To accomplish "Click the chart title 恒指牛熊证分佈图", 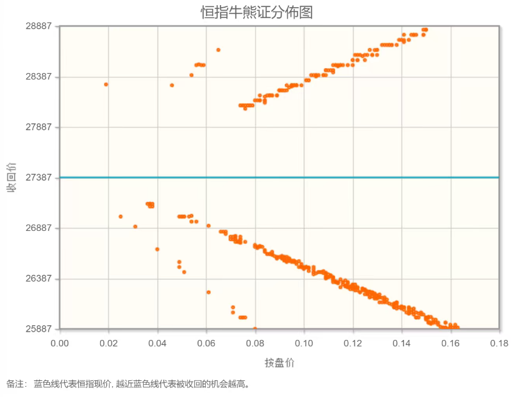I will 256,12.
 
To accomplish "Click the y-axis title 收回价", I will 12,177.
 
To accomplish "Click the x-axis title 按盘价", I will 279,362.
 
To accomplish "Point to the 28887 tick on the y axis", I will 38,27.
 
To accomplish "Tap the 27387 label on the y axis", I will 38,178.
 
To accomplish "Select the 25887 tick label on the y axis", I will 38,329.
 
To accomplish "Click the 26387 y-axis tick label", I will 38,279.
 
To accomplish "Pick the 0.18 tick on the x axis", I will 499,343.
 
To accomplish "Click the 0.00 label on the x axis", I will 60,343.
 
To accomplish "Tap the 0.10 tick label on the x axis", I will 304,343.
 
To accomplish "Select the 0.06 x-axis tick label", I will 206,343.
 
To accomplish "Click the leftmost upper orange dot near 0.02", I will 106,84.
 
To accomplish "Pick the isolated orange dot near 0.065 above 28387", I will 218,49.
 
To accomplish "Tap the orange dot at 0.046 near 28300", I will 172,85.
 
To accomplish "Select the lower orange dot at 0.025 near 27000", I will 121,216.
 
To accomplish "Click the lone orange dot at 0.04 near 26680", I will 157,249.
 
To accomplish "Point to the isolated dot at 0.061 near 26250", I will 208,292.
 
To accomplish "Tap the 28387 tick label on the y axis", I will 38,77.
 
